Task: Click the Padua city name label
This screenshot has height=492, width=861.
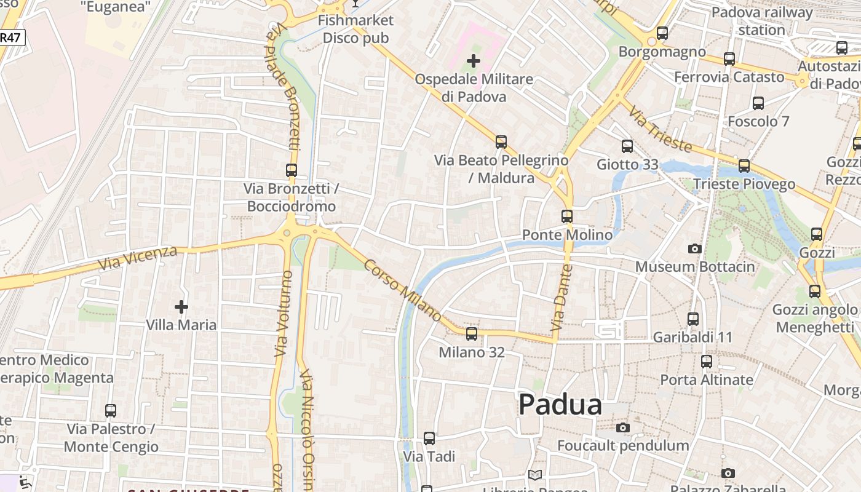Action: [x=560, y=405]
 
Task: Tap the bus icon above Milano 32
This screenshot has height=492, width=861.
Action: [x=472, y=334]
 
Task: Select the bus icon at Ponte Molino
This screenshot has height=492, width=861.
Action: [x=567, y=216]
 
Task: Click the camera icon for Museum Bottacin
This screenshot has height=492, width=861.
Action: [x=695, y=248]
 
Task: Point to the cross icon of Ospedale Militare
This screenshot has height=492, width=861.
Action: [x=474, y=61]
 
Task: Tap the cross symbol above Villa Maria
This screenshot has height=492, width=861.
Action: [x=181, y=306]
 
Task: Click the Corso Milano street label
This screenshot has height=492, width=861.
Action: [x=402, y=290]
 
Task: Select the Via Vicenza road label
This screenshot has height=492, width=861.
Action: [x=138, y=258]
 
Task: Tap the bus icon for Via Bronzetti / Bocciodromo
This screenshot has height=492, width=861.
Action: [x=292, y=170]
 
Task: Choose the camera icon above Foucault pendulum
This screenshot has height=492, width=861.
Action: [x=623, y=427]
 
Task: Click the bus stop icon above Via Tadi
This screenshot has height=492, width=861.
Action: [x=429, y=438]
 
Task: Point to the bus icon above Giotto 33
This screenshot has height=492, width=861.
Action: [x=627, y=146]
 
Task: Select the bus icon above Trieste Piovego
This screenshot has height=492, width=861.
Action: [x=744, y=166]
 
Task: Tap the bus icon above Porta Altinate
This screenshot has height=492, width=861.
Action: [x=707, y=362]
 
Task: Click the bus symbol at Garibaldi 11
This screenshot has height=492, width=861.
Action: [x=693, y=319]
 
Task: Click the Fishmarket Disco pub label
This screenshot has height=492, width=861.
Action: [x=355, y=29]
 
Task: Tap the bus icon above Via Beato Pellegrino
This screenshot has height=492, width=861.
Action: [x=501, y=142]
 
